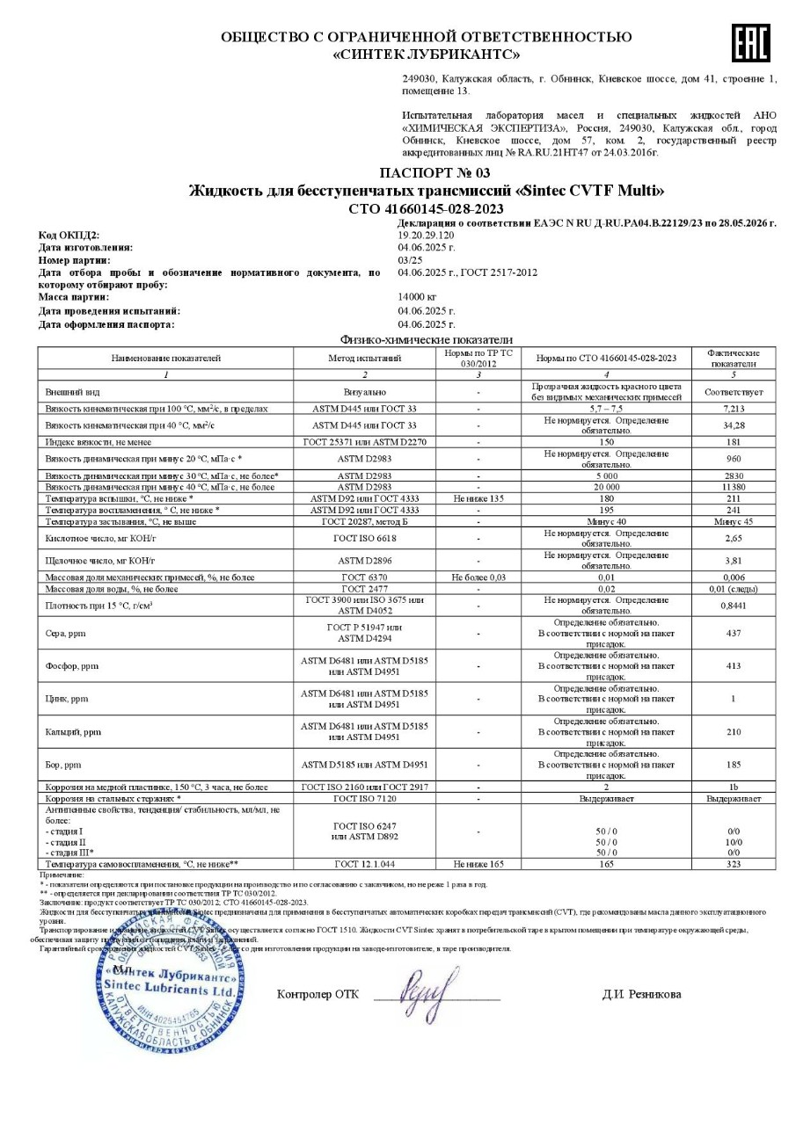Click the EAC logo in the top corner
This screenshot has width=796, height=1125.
click(x=749, y=42)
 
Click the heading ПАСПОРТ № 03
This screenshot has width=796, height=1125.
click(x=435, y=172)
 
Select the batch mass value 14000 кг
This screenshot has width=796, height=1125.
click(x=417, y=298)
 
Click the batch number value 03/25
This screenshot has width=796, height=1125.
click(x=409, y=260)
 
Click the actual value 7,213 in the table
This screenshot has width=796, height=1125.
click(x=733, y=409)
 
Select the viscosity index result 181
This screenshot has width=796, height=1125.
click(x=733, y=442)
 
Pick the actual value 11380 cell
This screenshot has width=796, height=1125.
click(x=733, y=486)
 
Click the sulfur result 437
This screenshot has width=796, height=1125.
click(x=733, y=632)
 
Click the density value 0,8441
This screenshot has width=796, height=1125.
click(x=733, y=605)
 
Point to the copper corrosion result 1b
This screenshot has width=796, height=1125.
click(x=733, y=787)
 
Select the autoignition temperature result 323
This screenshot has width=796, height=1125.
click(x=733, y=864)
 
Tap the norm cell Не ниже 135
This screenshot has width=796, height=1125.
click(x=478, y=497)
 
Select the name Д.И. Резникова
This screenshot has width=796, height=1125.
click(x=641, y=994)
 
